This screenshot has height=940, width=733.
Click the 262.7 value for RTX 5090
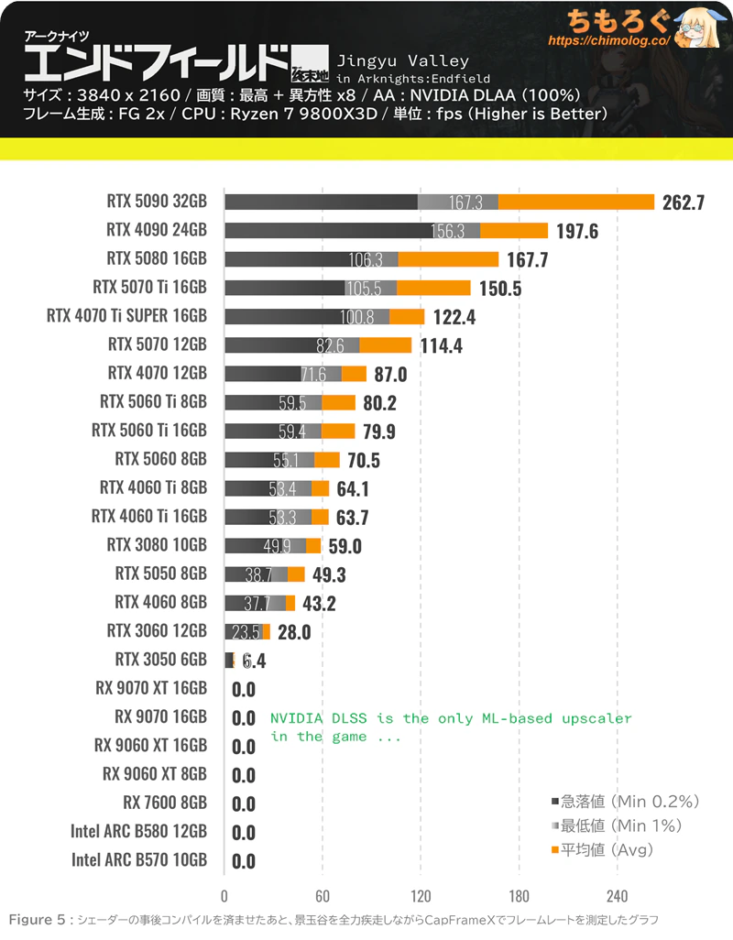[x=683, y=202]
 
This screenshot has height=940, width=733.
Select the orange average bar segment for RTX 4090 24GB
[x=514, y=231]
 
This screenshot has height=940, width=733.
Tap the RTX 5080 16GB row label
[x=157, y=259]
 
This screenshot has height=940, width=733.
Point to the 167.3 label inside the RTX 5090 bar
[x=466, y=202]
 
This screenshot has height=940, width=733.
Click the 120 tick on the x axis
[x=421, y=895]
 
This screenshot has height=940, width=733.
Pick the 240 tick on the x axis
[x=617, y=895]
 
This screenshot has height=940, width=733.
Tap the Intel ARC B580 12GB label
[x=138, y=832]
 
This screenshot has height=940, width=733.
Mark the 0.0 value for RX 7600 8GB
[x=244, y=803]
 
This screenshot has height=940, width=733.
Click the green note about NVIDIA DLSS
[x=451, y=727]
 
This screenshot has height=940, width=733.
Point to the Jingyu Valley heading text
[x=403, y=61]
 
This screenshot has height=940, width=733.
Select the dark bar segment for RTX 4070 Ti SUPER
[x=306, y=317]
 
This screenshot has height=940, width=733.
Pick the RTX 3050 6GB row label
[x=160, y=660]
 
